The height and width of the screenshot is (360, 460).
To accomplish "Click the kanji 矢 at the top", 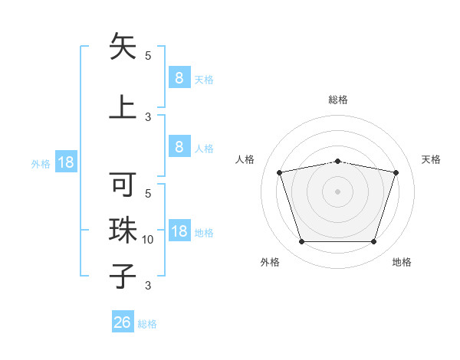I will [123, 47].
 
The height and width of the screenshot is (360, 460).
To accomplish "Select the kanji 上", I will [123, 106].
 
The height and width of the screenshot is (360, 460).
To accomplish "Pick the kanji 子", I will [123, 276].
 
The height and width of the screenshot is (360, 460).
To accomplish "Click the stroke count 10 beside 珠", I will [149, 240].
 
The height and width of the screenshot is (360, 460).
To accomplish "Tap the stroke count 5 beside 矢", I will [148, 55].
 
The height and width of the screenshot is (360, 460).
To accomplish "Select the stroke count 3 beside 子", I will [148, 286].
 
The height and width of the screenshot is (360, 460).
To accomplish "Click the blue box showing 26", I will [123, 322].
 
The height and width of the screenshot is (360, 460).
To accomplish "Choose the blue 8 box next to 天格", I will [179, 77].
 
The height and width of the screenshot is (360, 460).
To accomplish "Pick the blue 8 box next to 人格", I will [179, 147].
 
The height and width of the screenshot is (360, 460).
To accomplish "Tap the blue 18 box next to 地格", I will [179, 232].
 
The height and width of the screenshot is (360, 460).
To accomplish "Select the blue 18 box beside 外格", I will [65, 162].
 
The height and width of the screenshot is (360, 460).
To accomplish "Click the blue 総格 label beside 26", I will [147, 324].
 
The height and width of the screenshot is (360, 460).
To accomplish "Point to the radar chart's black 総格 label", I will [338, 100].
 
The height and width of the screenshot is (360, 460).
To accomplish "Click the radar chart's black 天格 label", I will [431, 159].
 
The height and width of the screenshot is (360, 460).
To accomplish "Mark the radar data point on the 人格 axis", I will [280, 172].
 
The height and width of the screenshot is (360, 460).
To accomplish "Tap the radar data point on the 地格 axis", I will [373, 242].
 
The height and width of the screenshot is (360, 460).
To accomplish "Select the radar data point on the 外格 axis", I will [302, 242].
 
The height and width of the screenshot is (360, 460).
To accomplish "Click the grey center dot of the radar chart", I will [338, 191].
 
